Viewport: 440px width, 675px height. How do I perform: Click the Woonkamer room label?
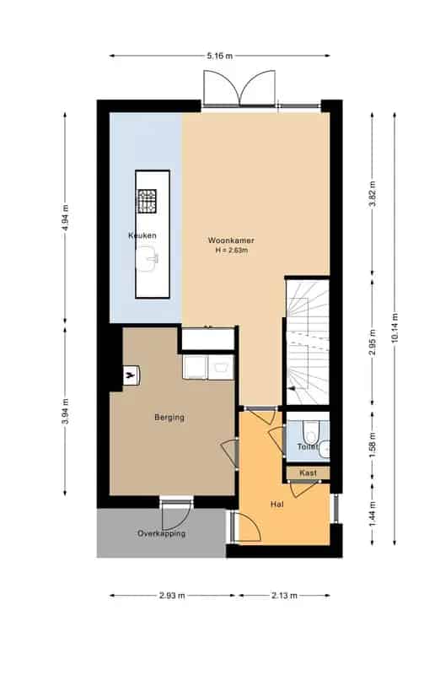[x=231, y=240]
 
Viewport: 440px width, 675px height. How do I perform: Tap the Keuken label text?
[x=142, y=235]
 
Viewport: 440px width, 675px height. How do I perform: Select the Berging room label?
[x=169, y=418]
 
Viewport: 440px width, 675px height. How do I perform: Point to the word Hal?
[x=277, y=504]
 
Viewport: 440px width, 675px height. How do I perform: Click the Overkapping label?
[x=162, y=533]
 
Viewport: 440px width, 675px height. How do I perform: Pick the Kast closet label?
[x=308, y=472]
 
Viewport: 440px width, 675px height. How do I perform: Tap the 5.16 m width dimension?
[x=220, y=56]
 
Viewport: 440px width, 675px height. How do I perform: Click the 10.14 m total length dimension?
[x=394, y=329]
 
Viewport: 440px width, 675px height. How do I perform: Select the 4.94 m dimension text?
[x=66, y=218]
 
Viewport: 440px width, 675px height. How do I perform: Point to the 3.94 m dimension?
[x=66, y=411]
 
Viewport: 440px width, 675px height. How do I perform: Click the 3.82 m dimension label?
[x=373, y=194]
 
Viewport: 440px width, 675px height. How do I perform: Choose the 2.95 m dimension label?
[x=373, y=343]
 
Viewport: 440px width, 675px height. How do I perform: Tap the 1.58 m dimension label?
[x=373, y=445]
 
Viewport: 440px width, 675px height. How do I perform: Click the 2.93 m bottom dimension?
[x=172, y=596]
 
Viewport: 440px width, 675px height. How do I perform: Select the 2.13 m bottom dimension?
[x=284, y=596]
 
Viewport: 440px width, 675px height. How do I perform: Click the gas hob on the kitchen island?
[x=147, y=202]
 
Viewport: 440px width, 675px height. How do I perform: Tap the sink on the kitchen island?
[x=148, y=258]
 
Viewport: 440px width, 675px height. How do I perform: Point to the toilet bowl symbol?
[x=310, y=432]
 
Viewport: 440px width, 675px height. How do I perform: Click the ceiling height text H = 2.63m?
[x=232, y=250]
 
